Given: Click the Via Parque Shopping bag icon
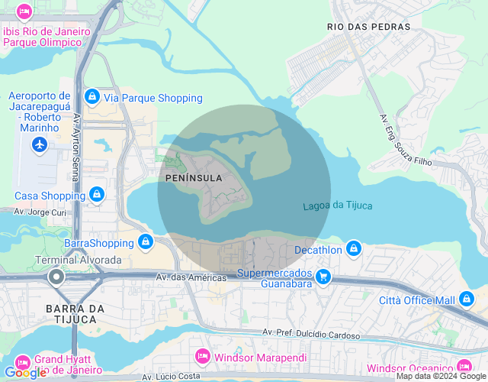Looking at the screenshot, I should (x=92, y=97).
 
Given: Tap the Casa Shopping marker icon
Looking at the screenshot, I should (x=96, y=196).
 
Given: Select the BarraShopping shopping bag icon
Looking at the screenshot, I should (x=146, y=242).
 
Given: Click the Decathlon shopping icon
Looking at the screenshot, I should (x=353, y=249).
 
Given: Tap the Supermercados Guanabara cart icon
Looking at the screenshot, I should (x=324, y=277).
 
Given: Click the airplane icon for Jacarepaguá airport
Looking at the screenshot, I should (x=40, y=144).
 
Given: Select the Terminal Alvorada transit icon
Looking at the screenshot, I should (x=56, y=277).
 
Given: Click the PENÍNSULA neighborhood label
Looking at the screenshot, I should (x=194, y=178).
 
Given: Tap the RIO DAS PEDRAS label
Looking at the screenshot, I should (x=368, y=26).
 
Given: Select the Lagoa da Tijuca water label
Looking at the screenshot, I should (x=337, y=206).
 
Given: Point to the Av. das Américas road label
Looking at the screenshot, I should (x=191, y=277).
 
